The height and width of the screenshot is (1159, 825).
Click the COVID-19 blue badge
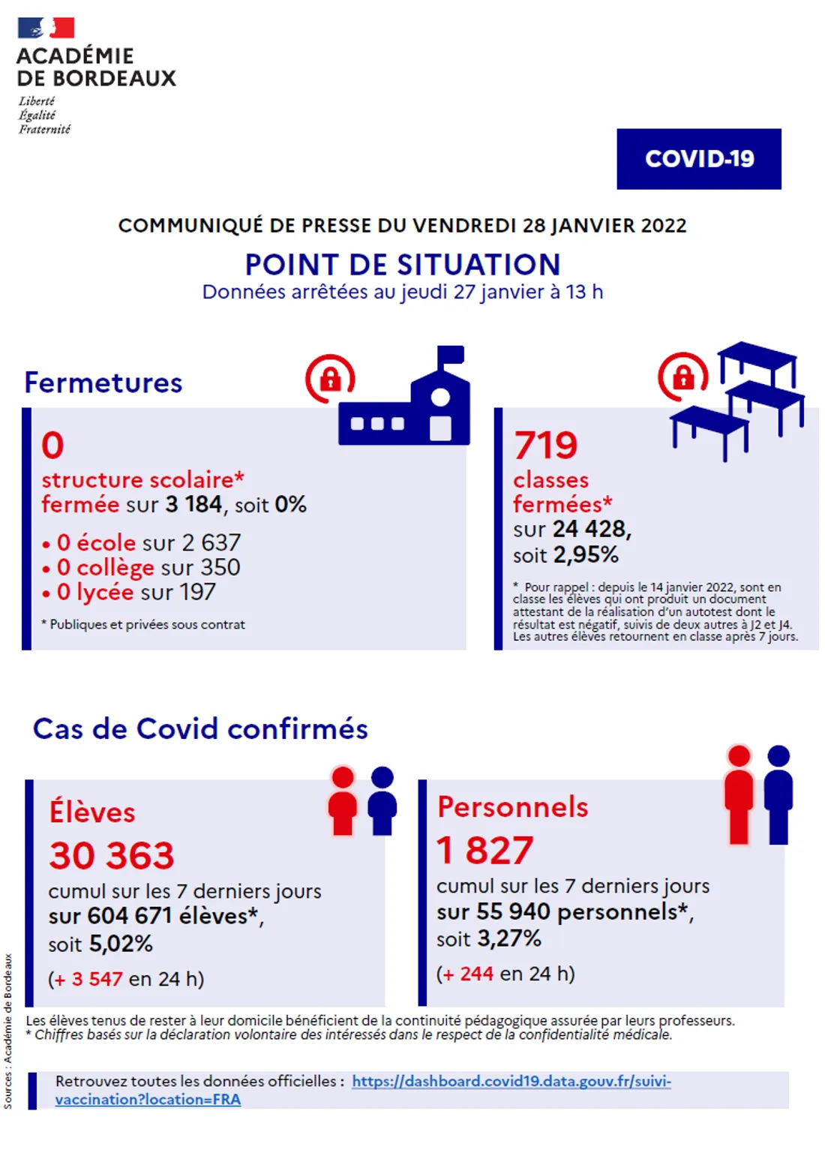(x=698, y=159)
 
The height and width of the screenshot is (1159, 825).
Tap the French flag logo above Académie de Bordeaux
(x=46, y=28)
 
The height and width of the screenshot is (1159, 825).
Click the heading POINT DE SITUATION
(x=403, y=265)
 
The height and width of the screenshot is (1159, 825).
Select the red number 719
(x=546, y=445)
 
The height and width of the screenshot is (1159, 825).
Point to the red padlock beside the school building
(x=330, y=379)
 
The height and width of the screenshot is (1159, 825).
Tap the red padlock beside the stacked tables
(x=682, y=377)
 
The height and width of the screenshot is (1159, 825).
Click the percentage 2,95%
(x=586, y=555)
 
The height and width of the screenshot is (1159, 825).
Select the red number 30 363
(x=112, y=856)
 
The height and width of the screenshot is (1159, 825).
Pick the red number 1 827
(x=485, y=851)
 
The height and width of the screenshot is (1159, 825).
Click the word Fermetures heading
(x=103, y=383)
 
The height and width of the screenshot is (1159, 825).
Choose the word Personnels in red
(x=513, y=807)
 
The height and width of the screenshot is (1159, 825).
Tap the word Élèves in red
(x=92, y=812)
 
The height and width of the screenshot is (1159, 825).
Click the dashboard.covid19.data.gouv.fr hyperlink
(x=511, y=1081)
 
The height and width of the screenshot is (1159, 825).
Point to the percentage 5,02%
(x=121, y=944)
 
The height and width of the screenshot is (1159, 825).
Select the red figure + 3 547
(x=87, y=979)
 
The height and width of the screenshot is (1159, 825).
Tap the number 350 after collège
(x=220, y=568)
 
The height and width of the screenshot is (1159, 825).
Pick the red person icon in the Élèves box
(x=343, y=800)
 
